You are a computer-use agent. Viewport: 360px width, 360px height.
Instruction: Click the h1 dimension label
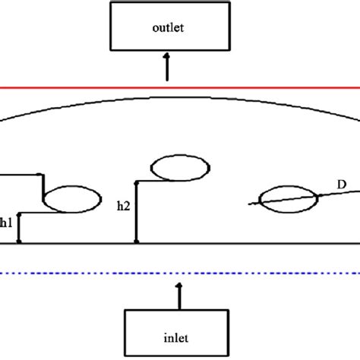pyautogui.click(x=6, y=223)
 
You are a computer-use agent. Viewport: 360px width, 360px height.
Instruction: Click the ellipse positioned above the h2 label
pyautogui.click(x=181, y=168)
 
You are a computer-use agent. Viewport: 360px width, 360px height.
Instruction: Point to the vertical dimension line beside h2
pyautogui.click(x=137, y=213)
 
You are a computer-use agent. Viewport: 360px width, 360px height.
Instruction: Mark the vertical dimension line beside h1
pyautogui.click(x=20, y=228)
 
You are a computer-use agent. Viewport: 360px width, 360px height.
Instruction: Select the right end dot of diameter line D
pyautogui.click(x=320, y=195)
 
